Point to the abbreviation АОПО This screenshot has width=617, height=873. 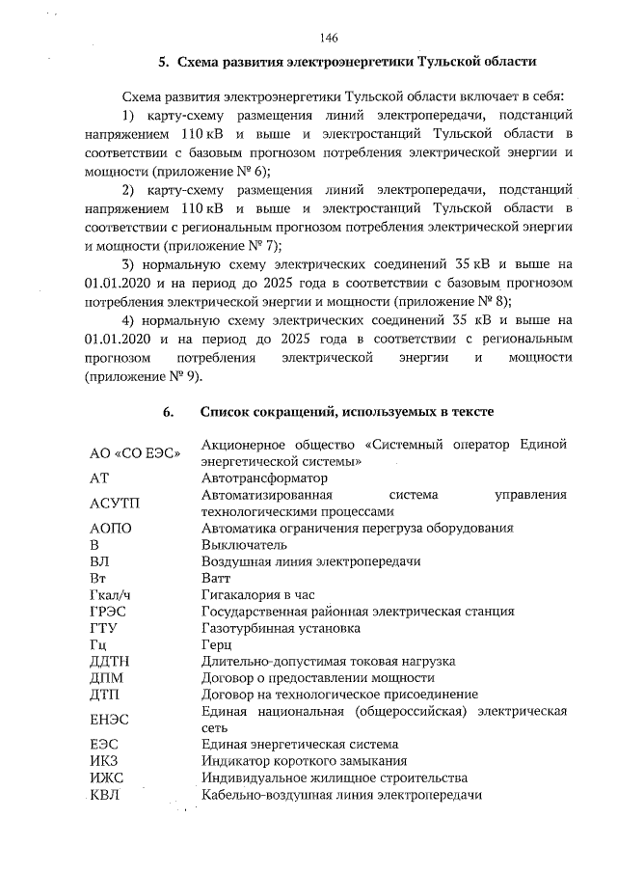pos(110,529)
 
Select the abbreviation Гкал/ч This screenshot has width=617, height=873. pos(109,594)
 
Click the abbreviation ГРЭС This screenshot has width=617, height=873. pos(107,612)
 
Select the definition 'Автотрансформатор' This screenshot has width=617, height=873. pos(264,477)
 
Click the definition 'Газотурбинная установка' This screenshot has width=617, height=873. pos(281,628)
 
